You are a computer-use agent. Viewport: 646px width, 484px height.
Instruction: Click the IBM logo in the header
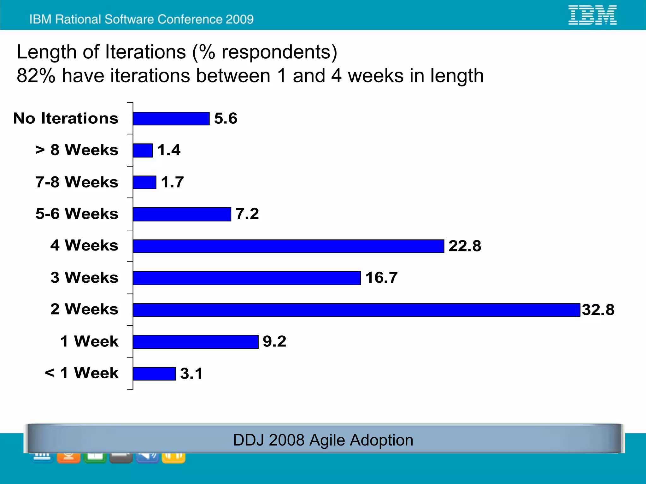click(x=592, y=15)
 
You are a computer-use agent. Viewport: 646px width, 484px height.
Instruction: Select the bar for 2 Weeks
click(x=356, y=310)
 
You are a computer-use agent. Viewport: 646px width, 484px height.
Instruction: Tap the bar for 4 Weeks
click(x=288, y=246)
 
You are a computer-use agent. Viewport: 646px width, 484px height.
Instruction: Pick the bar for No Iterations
click(x=171, y=119)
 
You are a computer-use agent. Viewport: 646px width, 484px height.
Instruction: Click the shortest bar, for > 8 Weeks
click(x=143, y=151)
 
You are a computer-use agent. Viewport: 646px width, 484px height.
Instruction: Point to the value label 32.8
click(x=598, y=310)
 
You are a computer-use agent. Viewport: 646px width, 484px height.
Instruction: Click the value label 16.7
click(x=381, y=278)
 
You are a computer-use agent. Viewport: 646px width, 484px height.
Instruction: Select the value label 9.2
click(x=274, y=341)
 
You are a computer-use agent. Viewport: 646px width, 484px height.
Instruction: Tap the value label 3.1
click(x=191, y=374)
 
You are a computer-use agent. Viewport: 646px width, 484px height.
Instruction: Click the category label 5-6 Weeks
click(x=77, y=214)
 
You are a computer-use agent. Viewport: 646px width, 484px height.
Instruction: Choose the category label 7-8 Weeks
click(x=77, y=182)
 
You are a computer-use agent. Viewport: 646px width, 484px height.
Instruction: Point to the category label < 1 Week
click(x=82, y=373)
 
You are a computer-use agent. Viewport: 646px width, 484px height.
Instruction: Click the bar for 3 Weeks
click(x=247, y=278)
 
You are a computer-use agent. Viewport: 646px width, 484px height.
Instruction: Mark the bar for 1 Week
click(x=196, y=342)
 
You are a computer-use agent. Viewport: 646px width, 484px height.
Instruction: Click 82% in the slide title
click(x=36, y=76)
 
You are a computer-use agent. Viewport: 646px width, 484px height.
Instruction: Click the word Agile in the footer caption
click(x=327, y=440)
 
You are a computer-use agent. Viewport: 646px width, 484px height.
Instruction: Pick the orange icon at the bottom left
click(x=68, y=457)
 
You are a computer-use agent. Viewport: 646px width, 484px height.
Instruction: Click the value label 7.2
click(x=247, y=214)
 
